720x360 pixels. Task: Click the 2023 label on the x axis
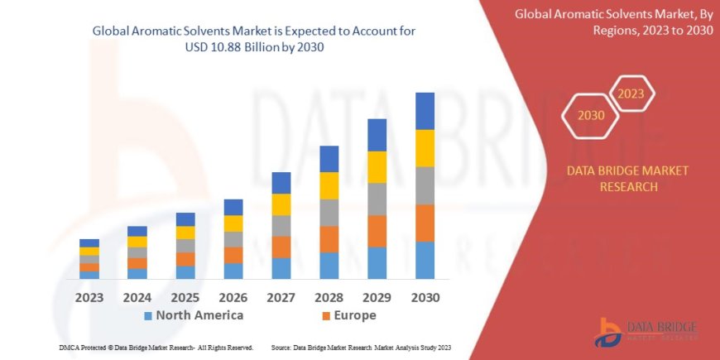[89, 297]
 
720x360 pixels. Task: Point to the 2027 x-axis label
[281, 297]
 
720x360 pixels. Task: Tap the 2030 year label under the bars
[424, 297]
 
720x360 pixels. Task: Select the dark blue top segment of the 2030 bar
[425, 111]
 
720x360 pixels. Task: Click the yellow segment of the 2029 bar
[377, 167]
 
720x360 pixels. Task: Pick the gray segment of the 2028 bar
[329, 213]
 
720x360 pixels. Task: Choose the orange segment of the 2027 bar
[281, 247]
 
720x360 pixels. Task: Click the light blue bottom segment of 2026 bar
[233, 271]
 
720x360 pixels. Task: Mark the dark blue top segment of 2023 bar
[89, 242]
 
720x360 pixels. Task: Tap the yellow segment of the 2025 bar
[185, 233]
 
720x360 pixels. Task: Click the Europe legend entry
[348, 315]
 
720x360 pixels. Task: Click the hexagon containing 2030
[590, 116]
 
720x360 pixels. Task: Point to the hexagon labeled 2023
[631, 94]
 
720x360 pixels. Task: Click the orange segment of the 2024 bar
[137, 263]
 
